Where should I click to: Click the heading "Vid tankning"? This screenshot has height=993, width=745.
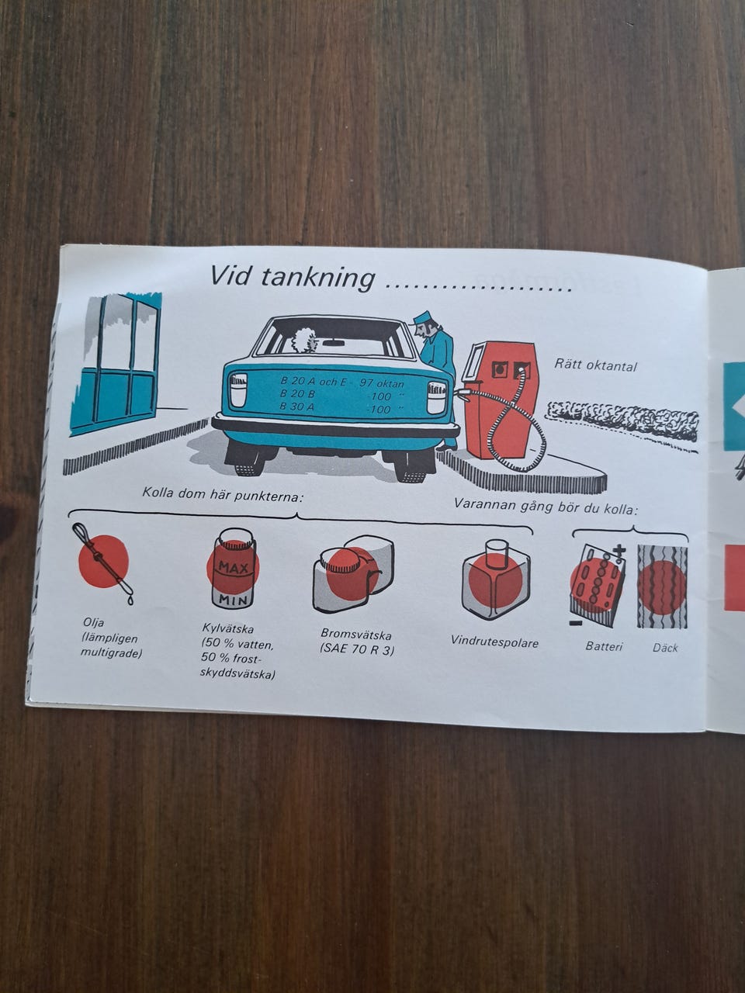coord(293,277)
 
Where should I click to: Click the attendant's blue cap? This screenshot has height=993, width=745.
coord(423,317)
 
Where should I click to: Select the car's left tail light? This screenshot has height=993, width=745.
coord(238,389)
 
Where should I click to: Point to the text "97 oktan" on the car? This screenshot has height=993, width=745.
coord(381,384)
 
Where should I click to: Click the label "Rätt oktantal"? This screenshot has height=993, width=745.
coord(595,364)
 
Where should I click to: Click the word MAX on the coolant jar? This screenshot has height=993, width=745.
coord(234,567)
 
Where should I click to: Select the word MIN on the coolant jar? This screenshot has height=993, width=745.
coord(233,600)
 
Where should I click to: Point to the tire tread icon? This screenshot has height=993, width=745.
coord(662,586)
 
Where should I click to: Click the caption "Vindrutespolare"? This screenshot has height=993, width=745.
coord(494,642)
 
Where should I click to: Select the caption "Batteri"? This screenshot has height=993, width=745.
coord(604,646)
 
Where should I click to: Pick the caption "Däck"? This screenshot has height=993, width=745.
coord(665,648)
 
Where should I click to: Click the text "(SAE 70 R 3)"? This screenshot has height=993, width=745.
coord(357,649)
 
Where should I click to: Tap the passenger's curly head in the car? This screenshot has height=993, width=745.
coord(307,339)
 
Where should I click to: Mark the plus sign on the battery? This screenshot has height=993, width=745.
coord(619,550)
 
